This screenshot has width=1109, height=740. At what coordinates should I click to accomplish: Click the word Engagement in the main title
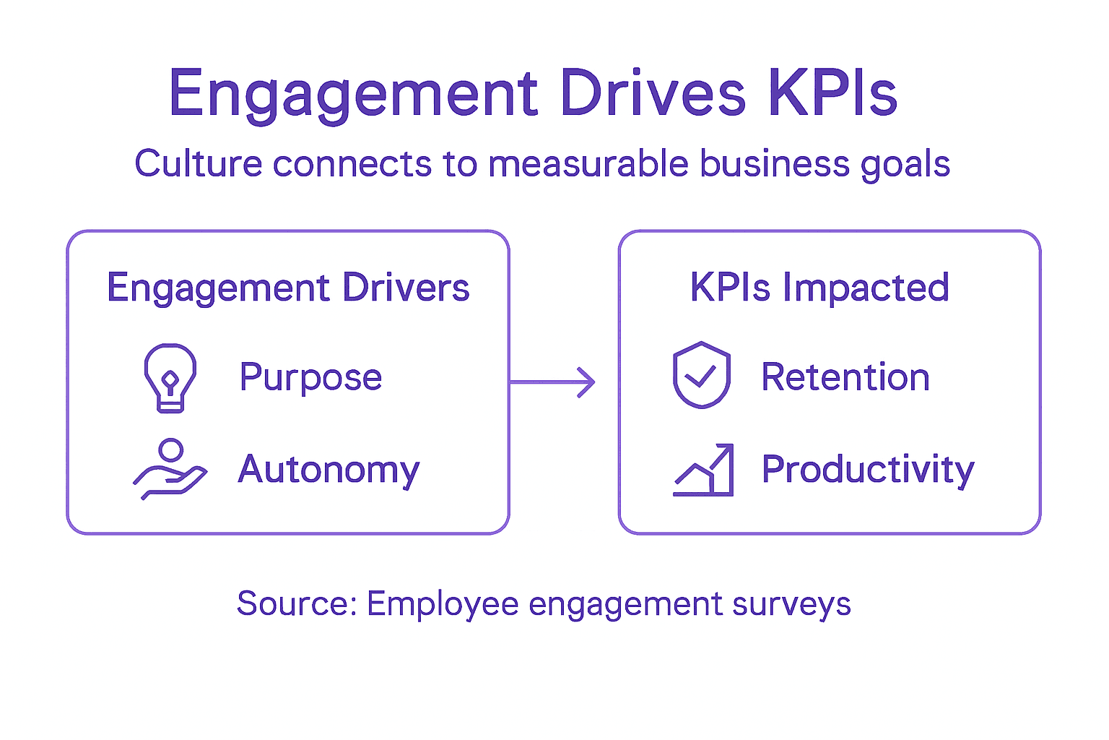click(x=353, y=94)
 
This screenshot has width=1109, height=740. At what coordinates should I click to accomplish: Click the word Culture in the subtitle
click(x=199, y=163)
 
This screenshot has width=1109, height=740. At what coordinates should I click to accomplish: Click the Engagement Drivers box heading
click(x=288, y=288)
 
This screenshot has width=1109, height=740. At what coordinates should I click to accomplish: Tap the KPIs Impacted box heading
click(x=819, y=288)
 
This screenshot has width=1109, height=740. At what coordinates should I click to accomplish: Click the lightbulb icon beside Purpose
click(x=170, y=378)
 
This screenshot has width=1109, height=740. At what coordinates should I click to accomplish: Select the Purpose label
click(x=310, y=378)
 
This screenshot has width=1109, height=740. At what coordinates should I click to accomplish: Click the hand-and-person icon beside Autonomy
click(x=170, y=469)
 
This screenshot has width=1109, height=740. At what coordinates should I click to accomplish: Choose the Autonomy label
click(x=329, y=470)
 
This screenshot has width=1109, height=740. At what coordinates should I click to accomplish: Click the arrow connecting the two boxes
click(x=553, y=382)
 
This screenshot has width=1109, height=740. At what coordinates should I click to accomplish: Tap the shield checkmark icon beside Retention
click(x=701, y=375)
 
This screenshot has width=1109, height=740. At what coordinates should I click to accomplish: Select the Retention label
click(x=845, y=377)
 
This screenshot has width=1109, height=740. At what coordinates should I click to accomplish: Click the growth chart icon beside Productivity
click(x=703, y=470)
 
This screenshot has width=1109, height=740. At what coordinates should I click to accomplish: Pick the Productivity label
click(x=868, y=470)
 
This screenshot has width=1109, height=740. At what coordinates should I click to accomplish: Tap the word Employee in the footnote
click(x=442, y=604)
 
